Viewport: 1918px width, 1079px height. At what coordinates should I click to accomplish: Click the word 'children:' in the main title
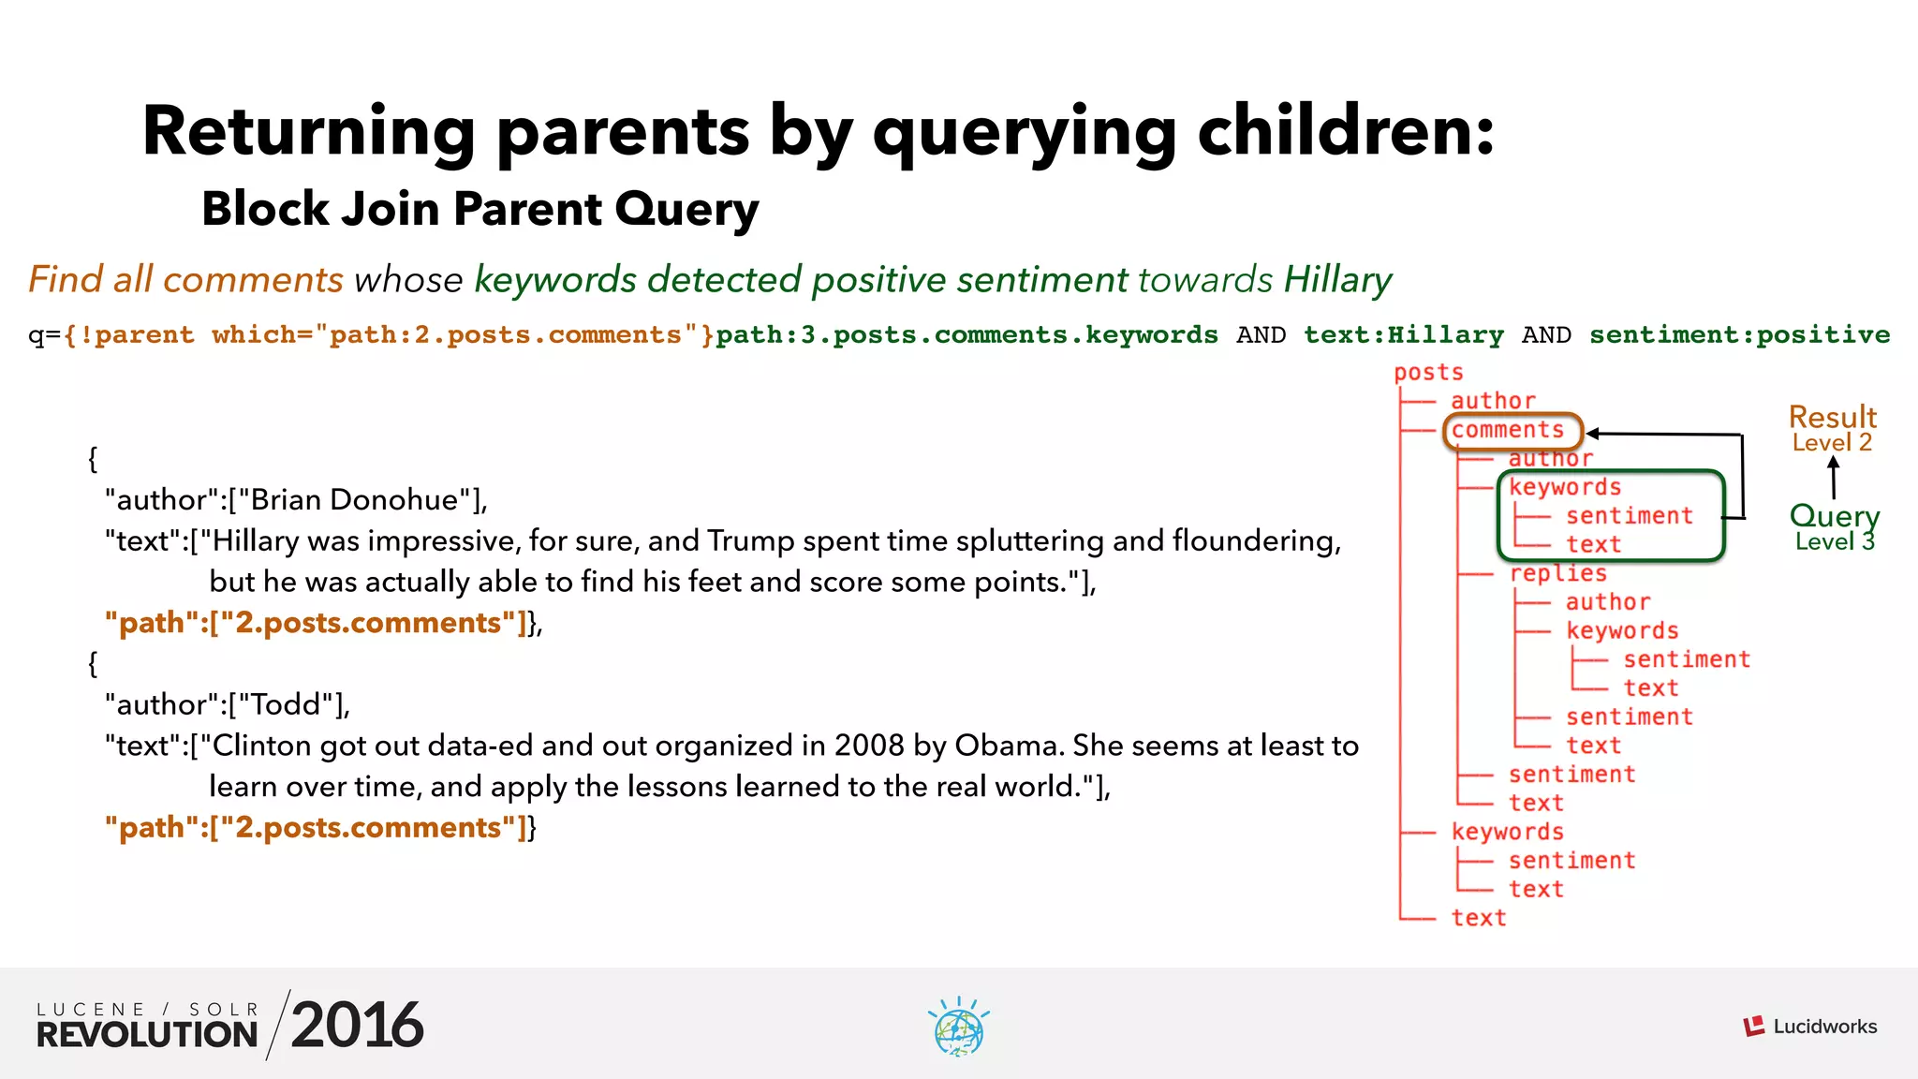coord(1345,131)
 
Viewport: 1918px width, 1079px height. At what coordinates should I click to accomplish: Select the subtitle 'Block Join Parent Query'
coord(479,209)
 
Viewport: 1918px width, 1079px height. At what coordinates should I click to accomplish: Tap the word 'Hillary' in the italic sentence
coord(1337,280)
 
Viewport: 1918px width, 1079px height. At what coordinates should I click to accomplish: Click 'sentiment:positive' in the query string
coord(1739,335)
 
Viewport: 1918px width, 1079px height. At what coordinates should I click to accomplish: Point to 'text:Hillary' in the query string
coord(1403,335)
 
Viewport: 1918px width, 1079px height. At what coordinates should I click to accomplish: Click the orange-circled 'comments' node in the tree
coord(1509,430)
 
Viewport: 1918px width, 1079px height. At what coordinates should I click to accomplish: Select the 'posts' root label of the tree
coord(1427,373)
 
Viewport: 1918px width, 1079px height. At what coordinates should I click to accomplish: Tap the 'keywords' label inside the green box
coord(1564,487)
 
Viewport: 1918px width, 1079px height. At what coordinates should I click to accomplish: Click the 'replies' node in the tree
coord(1557,573)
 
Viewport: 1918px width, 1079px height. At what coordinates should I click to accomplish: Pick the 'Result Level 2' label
coord(1832,428)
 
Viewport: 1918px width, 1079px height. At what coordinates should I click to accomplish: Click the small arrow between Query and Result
coord(1833,477)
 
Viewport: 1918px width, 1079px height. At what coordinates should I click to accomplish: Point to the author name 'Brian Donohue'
coord(355,500)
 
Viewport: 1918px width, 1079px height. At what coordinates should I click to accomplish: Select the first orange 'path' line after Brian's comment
coord(317,623)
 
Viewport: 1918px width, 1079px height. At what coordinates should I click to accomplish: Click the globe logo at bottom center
coord(958,1028)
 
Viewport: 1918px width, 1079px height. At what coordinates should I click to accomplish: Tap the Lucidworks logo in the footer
coord(1809,1027)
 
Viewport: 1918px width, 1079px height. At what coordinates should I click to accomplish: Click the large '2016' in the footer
coord(357,1025)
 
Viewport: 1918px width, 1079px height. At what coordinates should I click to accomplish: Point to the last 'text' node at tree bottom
coord(1478,918)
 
